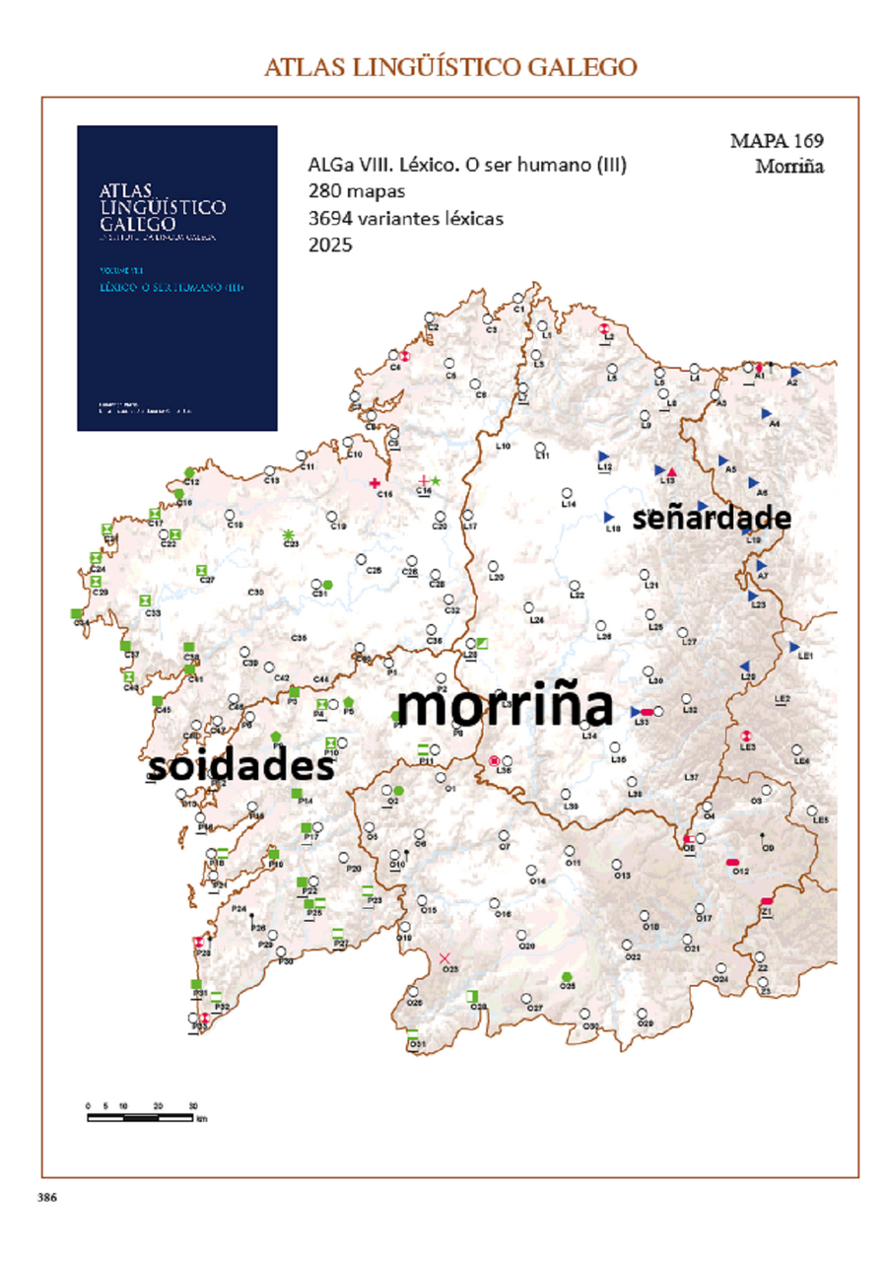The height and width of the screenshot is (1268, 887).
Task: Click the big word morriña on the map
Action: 504,707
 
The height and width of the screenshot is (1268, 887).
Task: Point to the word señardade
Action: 712,518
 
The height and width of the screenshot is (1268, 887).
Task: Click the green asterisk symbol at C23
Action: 290,533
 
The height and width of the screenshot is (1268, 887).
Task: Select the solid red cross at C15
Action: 375,483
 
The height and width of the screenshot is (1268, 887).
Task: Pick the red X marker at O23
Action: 444,958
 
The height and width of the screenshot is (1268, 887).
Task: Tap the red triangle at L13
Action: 671,471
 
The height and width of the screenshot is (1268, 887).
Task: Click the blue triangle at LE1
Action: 794,647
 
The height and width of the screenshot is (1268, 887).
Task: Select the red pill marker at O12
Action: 733,862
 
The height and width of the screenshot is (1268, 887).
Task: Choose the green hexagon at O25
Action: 567,976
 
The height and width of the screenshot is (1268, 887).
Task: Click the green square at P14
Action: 296,793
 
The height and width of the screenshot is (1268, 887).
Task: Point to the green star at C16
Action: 436,479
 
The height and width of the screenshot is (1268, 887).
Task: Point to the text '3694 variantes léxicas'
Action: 405,218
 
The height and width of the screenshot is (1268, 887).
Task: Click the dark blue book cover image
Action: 177,278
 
